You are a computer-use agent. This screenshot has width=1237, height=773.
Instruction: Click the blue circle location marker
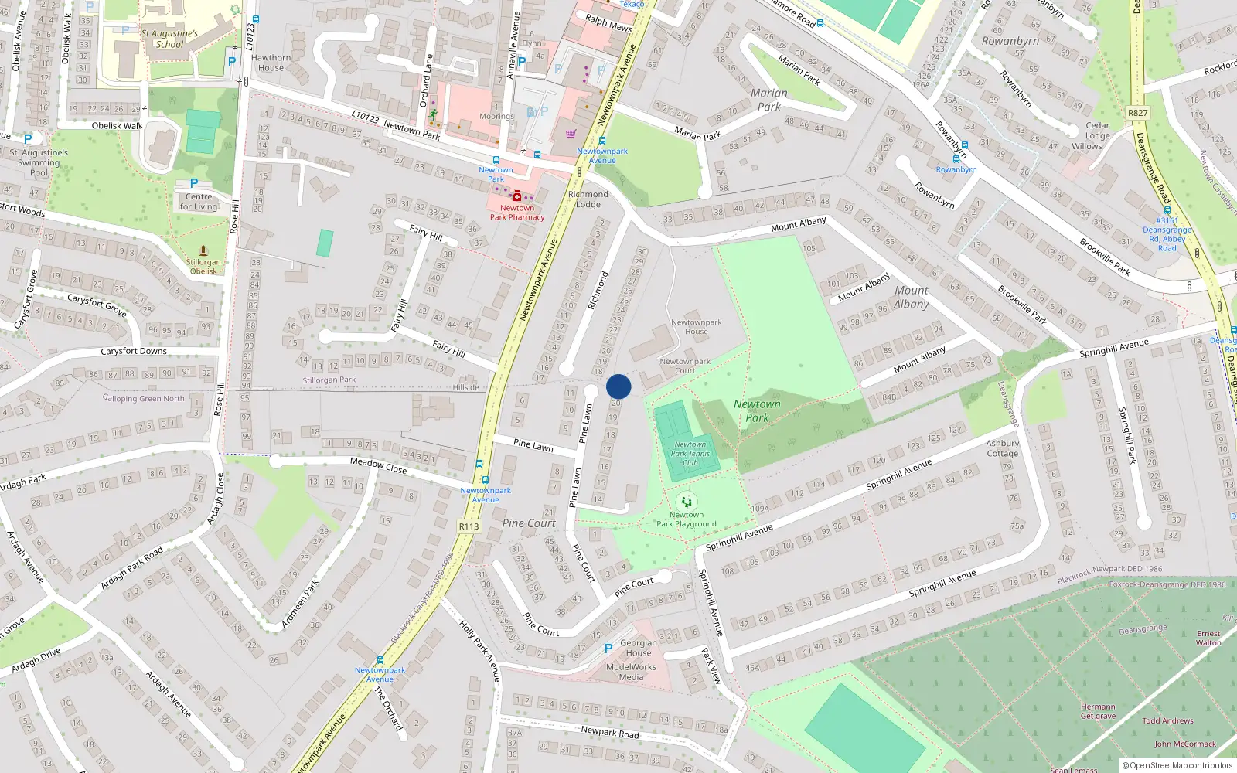point(618,386)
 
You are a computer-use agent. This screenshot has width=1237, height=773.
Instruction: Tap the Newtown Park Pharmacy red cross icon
point(517,196)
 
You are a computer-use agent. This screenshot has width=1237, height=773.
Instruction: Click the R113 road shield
point(469,526)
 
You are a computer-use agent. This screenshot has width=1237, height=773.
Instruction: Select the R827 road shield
point(1138,113)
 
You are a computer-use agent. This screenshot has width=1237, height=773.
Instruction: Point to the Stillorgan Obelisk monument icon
point(203,251)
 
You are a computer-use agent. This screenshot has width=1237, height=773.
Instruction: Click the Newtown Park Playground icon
point(686,502)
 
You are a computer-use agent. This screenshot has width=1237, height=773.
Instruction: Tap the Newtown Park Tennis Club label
point(690,454)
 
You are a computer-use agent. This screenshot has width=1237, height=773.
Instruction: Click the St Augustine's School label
point(169,39)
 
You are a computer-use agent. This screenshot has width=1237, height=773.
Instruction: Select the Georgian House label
point(639,648)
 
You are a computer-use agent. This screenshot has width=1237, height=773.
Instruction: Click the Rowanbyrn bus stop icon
point(956,159)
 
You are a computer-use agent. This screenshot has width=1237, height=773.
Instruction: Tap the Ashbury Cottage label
point(1002,448)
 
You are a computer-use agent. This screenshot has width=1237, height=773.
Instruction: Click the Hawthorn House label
point(271,63)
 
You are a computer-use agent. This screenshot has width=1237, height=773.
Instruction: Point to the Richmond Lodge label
point(588,199)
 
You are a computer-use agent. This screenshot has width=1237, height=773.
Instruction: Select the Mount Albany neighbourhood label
point(912,297)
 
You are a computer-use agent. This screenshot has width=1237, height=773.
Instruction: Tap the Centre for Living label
point(199,202)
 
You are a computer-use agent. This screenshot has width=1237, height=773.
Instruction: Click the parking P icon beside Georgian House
point(608,649)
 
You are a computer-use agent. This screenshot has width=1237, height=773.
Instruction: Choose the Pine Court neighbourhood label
point(529,523)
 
